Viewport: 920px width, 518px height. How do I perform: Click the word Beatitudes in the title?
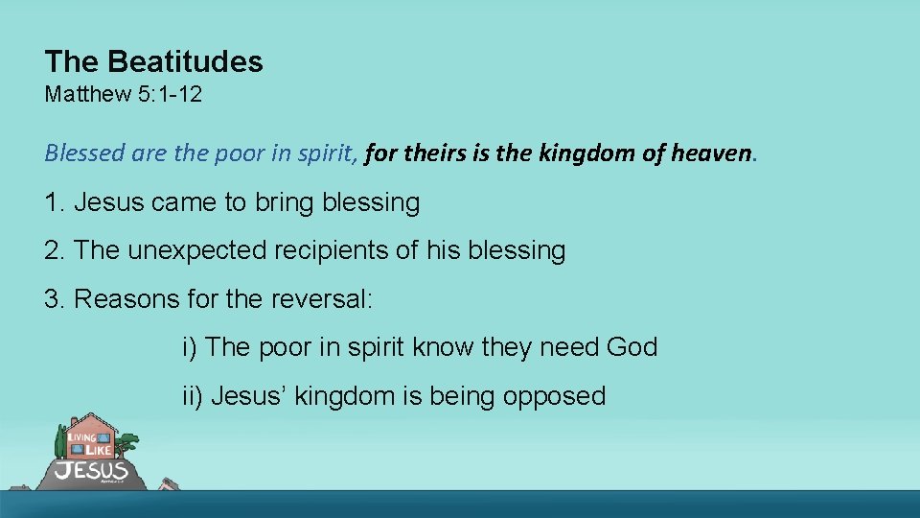185,62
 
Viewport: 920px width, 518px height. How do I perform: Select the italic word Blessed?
78,153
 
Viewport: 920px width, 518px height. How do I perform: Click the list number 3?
54,298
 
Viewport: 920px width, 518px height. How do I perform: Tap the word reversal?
321,298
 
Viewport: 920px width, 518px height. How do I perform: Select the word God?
632,346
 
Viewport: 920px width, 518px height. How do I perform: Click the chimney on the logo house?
75,422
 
